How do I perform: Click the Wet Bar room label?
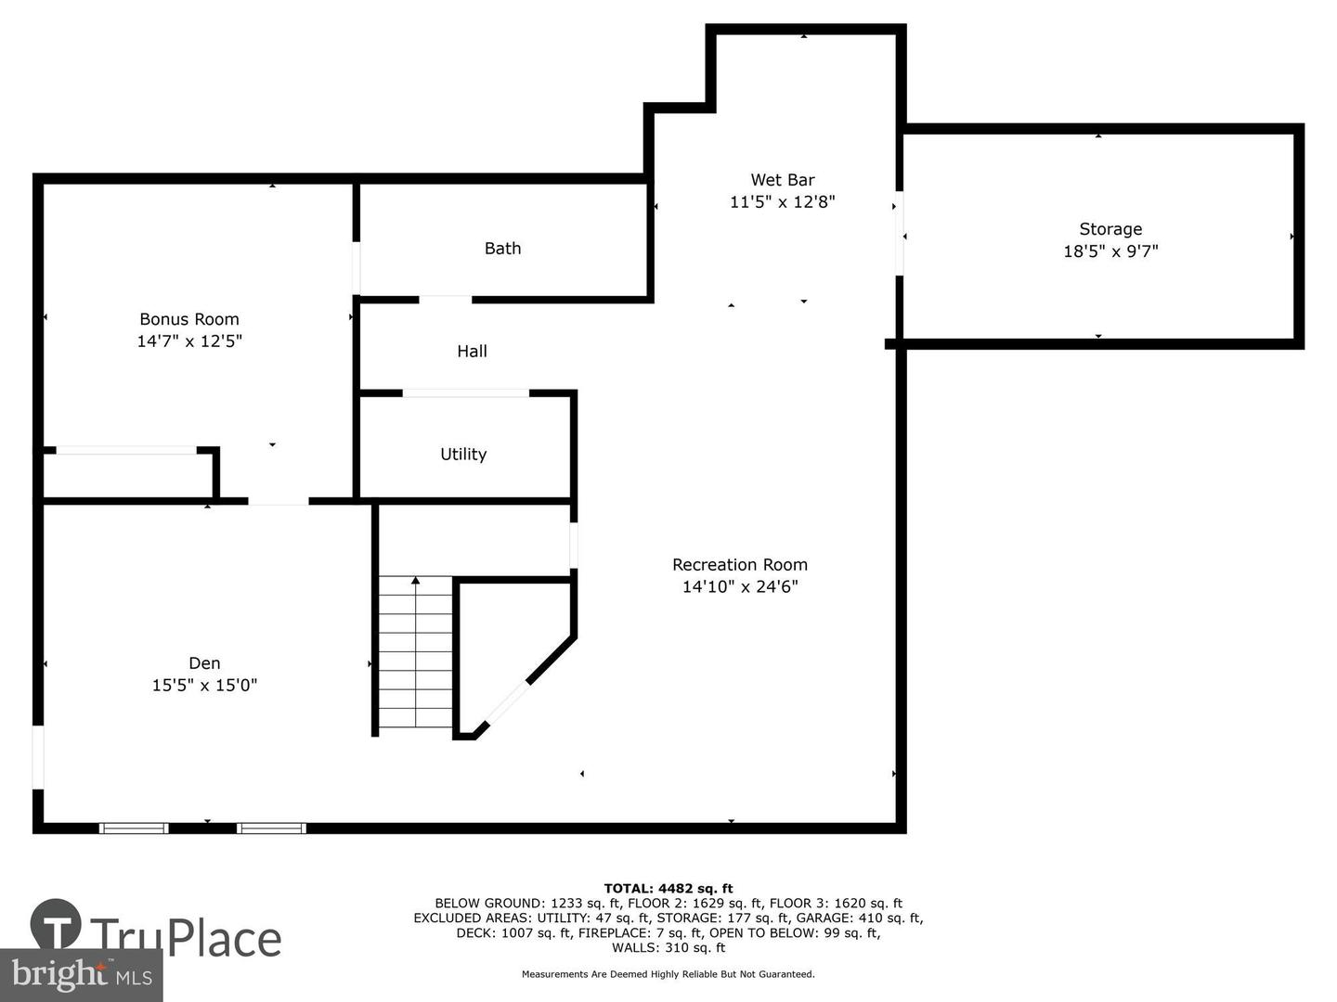click(782, 180)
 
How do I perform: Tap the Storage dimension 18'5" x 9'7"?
click(1110, 251)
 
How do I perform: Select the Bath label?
click(502, 249)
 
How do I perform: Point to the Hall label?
click(472, 351)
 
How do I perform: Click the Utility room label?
click(463, 455)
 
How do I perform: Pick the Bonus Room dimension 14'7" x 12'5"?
click(189, 340)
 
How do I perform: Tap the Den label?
click(204, 663)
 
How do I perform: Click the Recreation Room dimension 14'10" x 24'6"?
click(740, 586)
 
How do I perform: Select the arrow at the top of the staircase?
click(415, 581)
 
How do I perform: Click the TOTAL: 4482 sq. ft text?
click(668, 889)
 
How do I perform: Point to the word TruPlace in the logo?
click(186, 938)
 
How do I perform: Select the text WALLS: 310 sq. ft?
click(668, 948)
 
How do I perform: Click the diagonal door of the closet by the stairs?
click(507, 703)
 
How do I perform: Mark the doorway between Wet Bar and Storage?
click(899, 234)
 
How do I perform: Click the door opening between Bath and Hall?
click(446, 300)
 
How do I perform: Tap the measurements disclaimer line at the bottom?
click(668, 974)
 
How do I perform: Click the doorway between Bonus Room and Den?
click(279, 501)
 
